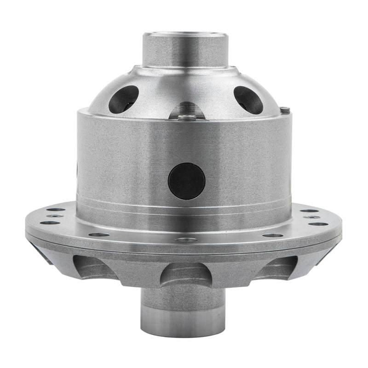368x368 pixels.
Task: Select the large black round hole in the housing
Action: pyautogui.click(x=186, y=181)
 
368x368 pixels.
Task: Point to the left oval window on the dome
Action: pyautogui.click(x=123, y=99)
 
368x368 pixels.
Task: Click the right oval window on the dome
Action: pyautogui.click(x=248, y=99)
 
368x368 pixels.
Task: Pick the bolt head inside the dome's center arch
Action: pyautogui.click(x=186, y=117)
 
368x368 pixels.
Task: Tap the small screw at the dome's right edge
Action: pyautogui.click(x=285, y=110)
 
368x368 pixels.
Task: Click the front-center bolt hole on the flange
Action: pyautogui.click(x=186, y=240)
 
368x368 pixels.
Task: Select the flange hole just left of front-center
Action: pyautogui.click(x=99, y=235)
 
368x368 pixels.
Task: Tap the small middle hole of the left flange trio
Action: pyautogui.click(x=55, y=216)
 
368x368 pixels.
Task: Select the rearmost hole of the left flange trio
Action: pyautogui.click(x=56, y=210)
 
